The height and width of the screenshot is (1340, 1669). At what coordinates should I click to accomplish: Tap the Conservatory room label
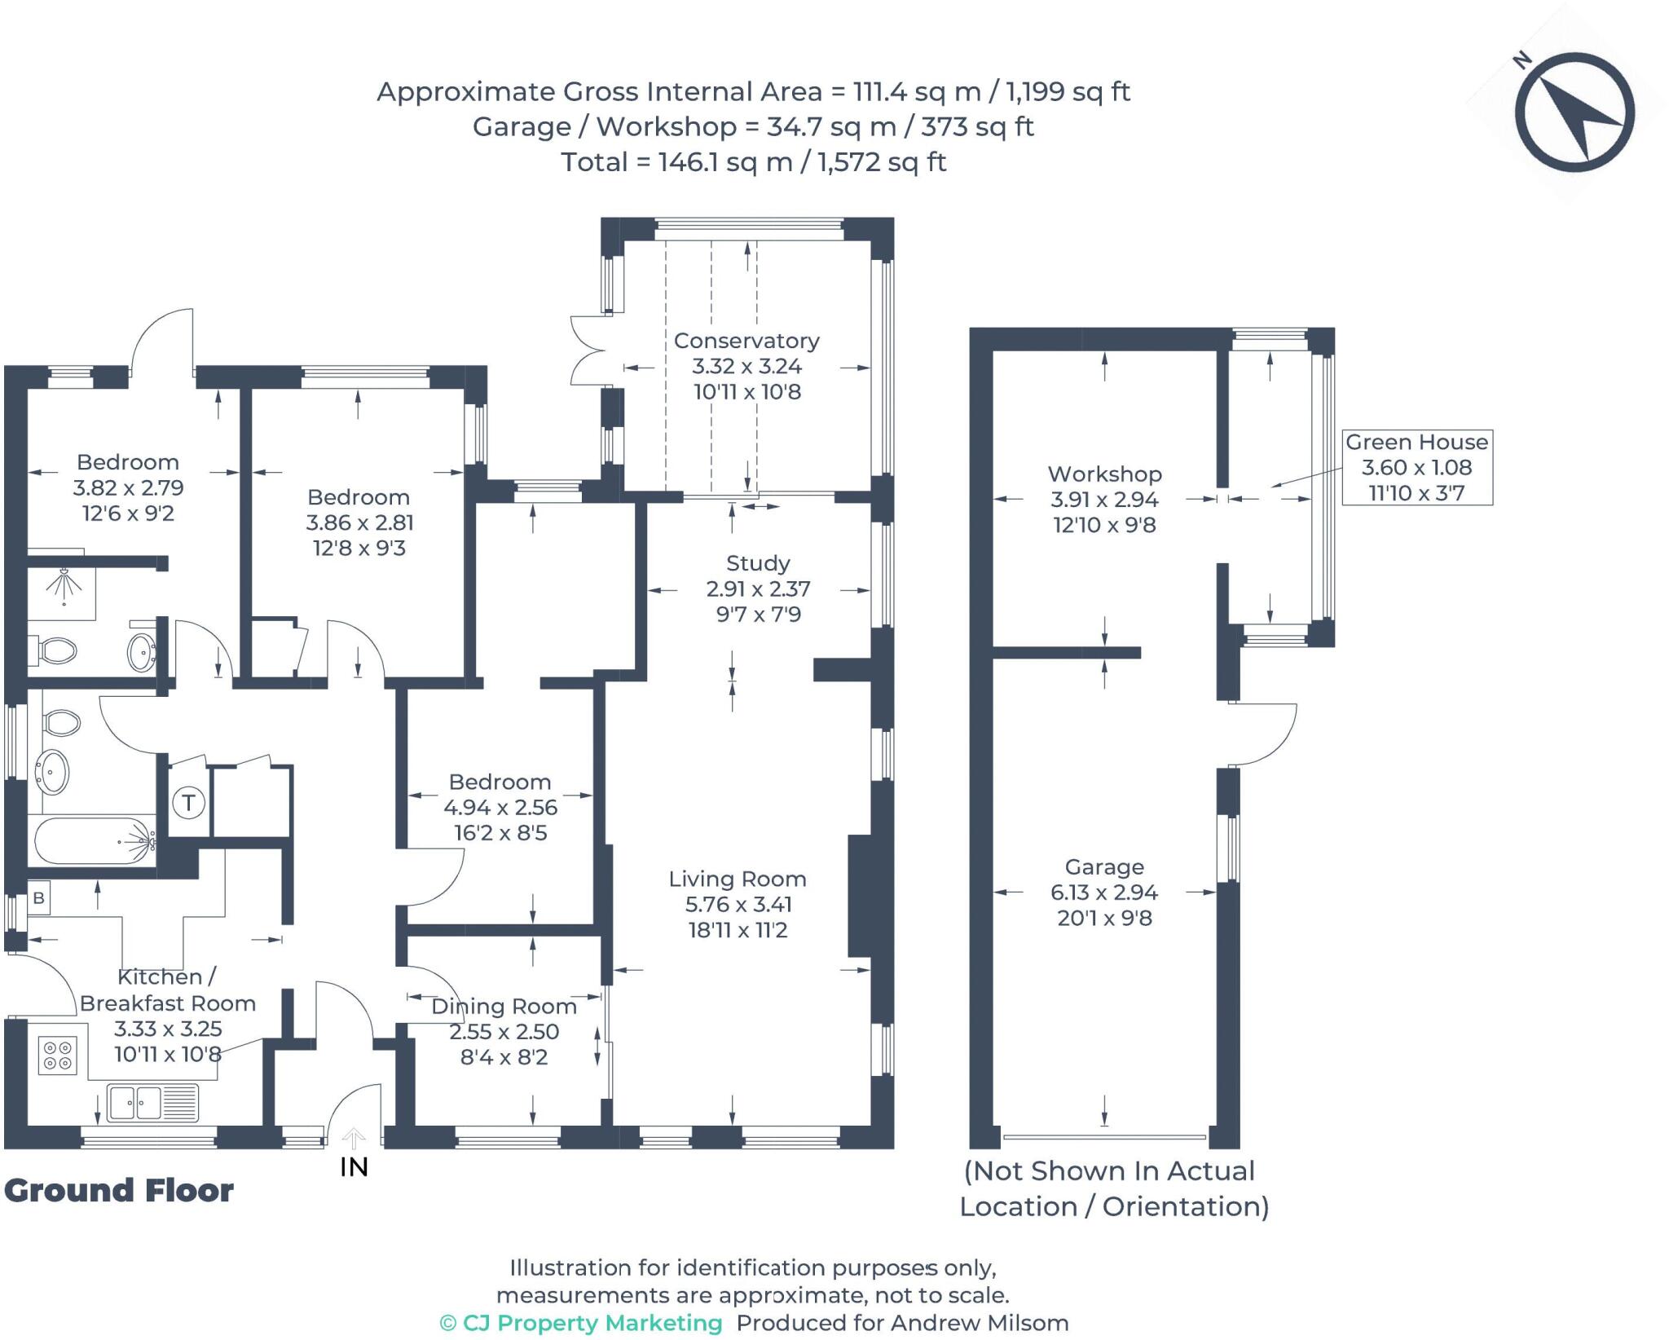[x=746, y=341]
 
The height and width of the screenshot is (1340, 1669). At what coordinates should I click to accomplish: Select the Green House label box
[x=1416, y=467]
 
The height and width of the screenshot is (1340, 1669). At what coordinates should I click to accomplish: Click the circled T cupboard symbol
[x=188, y=803]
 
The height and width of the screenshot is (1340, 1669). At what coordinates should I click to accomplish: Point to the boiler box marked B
[x=38, y=898]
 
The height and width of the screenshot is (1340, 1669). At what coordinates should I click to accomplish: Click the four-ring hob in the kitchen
[x=58, y=1055]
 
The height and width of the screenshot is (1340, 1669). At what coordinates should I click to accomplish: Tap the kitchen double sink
[x=135, y=1103]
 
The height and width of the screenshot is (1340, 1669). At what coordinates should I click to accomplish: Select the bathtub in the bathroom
[x=93, y=841]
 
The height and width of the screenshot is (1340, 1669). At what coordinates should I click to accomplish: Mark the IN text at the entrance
[x=354, y=1167]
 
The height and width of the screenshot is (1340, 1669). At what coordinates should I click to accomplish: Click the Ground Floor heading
[x=119, y=1191]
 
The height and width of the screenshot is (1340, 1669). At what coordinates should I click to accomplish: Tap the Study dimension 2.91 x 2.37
[x=758, y=588]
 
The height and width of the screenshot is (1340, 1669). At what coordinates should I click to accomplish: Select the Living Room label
[x=738, y=879]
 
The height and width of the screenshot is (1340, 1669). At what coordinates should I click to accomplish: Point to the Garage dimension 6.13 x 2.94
[x=1103, y=893]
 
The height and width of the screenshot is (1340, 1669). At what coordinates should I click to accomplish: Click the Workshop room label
[x=1104, y=474]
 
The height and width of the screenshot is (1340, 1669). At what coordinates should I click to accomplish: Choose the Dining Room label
[x=504, y=1007]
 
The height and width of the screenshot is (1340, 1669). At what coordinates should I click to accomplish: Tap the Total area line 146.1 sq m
[x=753, y=162]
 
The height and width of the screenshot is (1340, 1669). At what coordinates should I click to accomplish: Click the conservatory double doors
[x=587, y=350]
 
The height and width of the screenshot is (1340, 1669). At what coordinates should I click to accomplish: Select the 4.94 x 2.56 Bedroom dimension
[x=500, y=808]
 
